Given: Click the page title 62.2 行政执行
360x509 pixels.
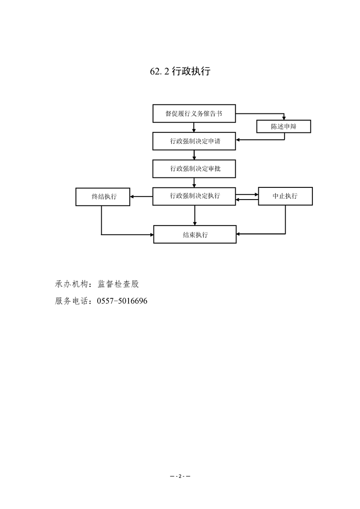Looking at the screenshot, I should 180,71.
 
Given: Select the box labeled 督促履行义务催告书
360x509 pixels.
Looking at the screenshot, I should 194,113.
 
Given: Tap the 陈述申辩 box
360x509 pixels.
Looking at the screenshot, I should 284,127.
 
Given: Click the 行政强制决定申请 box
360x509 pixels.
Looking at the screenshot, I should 194,141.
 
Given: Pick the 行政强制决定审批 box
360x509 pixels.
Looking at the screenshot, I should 194,168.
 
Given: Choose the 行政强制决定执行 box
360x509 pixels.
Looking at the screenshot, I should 194,196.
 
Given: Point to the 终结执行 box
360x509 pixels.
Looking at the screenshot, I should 103,196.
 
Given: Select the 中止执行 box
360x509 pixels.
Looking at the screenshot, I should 285,196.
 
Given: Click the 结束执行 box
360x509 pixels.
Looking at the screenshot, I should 195,235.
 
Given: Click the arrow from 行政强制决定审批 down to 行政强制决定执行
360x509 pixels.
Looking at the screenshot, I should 194,182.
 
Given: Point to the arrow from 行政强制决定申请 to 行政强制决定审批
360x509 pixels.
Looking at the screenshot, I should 194,155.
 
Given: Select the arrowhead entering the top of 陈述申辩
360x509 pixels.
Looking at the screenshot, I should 284,117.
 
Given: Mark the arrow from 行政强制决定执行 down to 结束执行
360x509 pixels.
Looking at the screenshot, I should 195,215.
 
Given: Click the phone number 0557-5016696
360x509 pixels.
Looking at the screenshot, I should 122,301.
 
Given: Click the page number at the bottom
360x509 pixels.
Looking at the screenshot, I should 180,476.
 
